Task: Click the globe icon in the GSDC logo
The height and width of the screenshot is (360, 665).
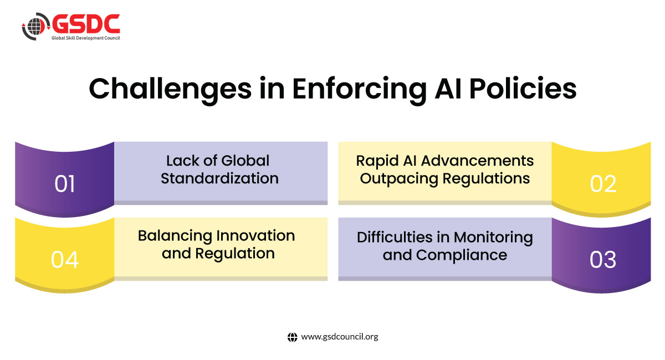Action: point(35,26)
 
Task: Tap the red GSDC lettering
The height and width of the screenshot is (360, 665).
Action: point(86,24)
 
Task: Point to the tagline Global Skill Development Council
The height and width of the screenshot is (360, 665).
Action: point(86,38)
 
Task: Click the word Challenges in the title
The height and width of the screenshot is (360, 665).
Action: point(171,89)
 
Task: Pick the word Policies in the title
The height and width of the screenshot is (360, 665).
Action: point(523,89)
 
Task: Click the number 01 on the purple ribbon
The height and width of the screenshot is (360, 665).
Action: point(64,184)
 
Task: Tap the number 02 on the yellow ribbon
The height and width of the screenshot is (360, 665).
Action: point(603,184)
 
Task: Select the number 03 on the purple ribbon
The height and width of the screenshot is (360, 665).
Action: point(603,260)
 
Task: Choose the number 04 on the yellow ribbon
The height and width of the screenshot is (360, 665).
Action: point(65,260)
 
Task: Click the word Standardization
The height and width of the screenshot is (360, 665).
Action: point(219,178)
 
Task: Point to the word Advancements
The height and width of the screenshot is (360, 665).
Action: point(477,161)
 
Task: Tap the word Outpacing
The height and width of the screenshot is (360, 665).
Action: point(399,179)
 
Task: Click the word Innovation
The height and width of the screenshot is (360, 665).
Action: point(255,235)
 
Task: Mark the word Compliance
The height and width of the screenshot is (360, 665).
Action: point(461,256)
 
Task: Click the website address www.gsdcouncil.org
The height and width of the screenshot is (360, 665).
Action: point(340,337)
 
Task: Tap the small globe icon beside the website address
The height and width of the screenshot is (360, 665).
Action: point(293,337)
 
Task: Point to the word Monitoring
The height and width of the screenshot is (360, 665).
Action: point(493,238)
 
